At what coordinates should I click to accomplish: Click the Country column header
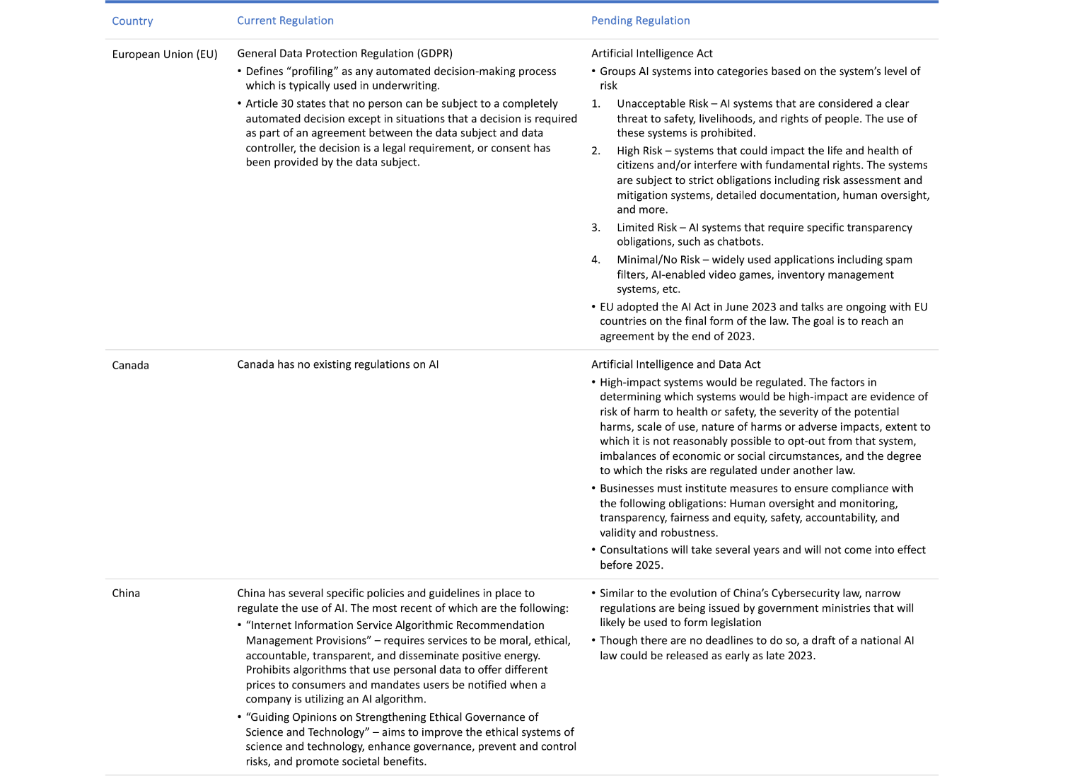[132, 21]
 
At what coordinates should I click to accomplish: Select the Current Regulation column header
[285, 21]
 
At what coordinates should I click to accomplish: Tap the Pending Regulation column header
[640, 21]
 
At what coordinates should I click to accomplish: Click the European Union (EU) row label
[165, 54]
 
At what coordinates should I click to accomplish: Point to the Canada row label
[130, 365]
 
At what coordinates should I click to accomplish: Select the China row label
[126, 593]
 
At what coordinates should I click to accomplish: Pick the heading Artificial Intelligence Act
[651, 54]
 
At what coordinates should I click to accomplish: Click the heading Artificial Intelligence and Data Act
[675, 364]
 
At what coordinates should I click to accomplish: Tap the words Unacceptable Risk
[662, 104]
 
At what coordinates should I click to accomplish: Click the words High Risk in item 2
[639, 151]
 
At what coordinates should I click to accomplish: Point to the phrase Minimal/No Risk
[658, 260]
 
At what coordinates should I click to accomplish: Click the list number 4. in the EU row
[596, 260]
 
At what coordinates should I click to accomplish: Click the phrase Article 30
[269, 104]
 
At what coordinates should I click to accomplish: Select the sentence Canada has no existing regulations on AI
[337, 364]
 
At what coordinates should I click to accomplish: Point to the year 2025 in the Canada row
[649, 565]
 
